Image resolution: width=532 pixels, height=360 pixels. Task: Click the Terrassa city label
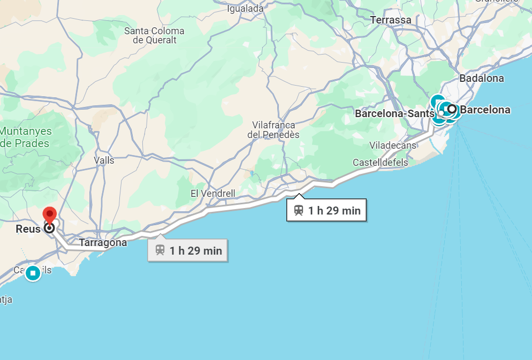tap(391, 20)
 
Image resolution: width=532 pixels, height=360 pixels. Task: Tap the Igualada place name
tap(246, 9)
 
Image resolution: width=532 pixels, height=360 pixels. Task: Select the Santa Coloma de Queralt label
tap(154, 35)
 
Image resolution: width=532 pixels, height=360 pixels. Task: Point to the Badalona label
tap(481, 79)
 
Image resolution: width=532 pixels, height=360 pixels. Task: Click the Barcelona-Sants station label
tap(393, 114)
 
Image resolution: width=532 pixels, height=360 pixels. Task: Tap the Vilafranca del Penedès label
tap(273, 130)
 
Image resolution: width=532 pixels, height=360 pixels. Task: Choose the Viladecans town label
tap(392, 145)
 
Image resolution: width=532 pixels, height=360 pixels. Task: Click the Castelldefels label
tap(380, 163)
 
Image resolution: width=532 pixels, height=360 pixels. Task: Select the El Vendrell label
tap(212, 193)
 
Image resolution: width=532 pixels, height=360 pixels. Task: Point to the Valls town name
tap(104, 160)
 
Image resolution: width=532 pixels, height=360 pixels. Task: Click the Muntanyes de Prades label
tap(26, 137)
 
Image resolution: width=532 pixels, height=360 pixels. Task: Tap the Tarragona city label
tap(103, 243)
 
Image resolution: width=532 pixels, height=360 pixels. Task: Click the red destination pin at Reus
tap(50, 215)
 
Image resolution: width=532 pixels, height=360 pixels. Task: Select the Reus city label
tap(27, 228)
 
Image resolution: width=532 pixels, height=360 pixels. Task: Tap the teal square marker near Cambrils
tap(33, 273)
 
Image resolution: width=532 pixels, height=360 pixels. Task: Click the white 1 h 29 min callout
tap(326, 210)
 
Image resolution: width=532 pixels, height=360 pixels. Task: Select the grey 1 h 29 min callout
tap(188, 250)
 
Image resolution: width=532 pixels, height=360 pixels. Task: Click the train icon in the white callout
tap(299, 210)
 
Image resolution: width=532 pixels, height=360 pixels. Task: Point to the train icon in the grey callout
tap(160, 250)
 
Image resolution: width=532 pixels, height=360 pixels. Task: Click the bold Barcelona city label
tap(485, 110)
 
